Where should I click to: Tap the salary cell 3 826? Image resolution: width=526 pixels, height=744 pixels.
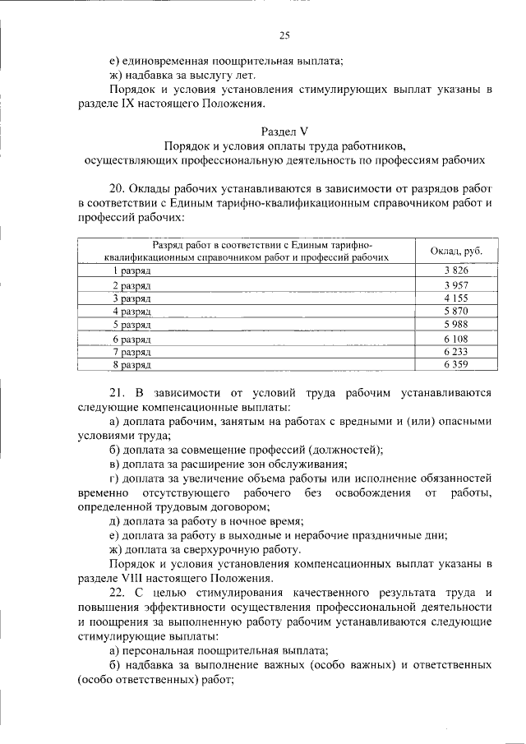coord(455,270)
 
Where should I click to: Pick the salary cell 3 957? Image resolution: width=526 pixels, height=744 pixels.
coord(455,284)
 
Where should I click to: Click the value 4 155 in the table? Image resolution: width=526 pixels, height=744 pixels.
coord(455,298)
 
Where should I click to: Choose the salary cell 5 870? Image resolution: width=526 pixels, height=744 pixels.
coord(455,312)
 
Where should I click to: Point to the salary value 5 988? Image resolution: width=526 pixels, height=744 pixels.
coord(455,325)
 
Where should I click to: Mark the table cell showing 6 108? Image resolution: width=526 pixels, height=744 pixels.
coord(455,339)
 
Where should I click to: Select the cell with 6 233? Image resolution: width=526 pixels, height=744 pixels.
coord(455,351)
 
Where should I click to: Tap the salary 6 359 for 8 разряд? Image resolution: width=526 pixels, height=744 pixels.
coord(455,363)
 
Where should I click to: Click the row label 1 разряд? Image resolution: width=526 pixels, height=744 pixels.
coord(131,270)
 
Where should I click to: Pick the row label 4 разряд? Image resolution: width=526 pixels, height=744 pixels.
coord(131,312)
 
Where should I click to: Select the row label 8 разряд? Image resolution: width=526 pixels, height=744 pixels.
coord(131,363)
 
